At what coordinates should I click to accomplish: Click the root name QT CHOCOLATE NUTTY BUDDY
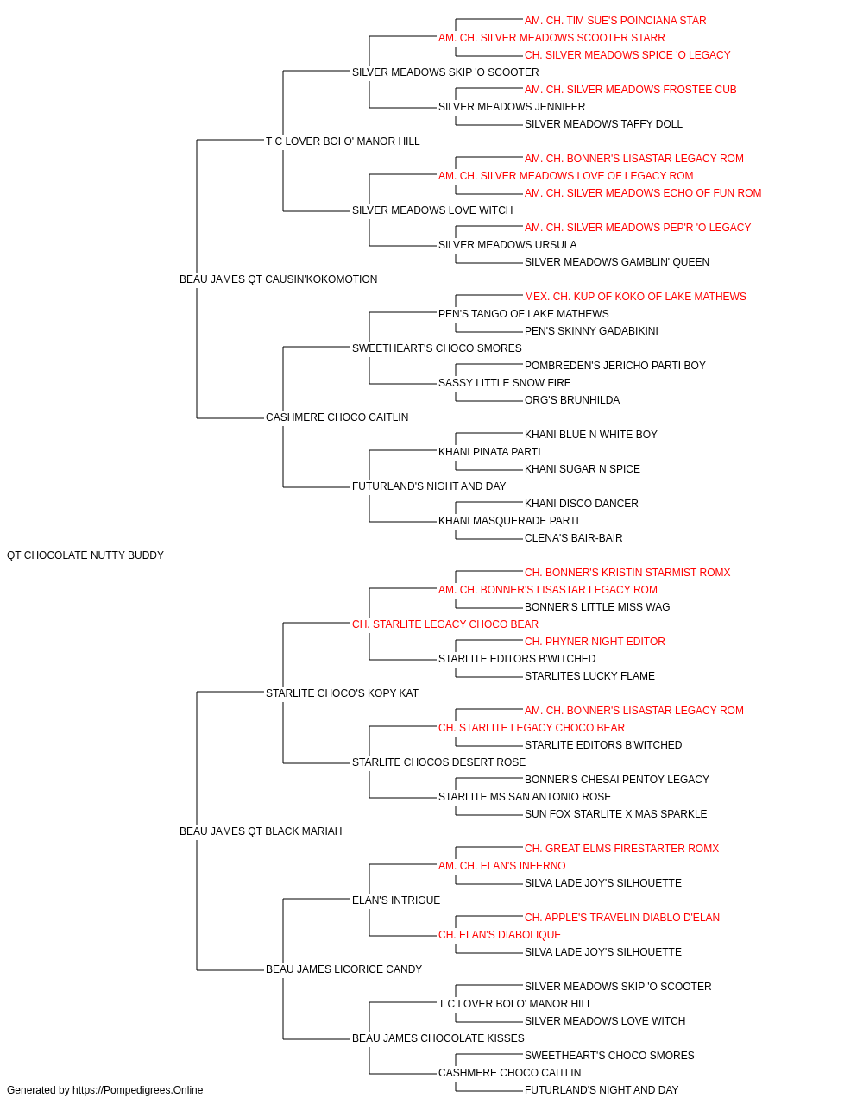(85, 555)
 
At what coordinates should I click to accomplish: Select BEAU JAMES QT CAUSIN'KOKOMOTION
(278, 279)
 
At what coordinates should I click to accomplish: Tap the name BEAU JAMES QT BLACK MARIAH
(261, 831)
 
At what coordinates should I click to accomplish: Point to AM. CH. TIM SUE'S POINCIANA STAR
(615, 21)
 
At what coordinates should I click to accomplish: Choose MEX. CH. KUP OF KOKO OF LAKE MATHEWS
(635, 297)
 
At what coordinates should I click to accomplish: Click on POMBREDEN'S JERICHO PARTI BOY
(615, 366)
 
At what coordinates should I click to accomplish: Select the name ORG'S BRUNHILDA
(572, 400)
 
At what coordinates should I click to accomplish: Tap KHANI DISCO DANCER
(582, 504)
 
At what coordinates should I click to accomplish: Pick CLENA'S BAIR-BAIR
(573, 538)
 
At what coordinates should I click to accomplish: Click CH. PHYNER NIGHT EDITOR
(595, 642)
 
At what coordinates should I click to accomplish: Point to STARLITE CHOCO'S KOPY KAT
(342, 693)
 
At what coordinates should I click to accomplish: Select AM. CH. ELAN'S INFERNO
(501, 866)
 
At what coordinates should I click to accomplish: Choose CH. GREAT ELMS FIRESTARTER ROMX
(621, 849)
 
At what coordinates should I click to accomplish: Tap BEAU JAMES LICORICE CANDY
(343, 969)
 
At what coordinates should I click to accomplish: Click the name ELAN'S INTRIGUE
(396, 900)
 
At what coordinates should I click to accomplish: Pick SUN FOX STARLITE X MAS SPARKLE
(615, 814)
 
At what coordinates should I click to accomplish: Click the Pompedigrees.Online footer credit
(104, 1090)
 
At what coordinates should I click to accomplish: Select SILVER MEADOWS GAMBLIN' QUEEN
(616, 262)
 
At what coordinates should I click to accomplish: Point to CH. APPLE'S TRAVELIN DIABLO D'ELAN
(622, 918)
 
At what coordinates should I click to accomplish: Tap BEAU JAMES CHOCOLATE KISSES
(438, 1038)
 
